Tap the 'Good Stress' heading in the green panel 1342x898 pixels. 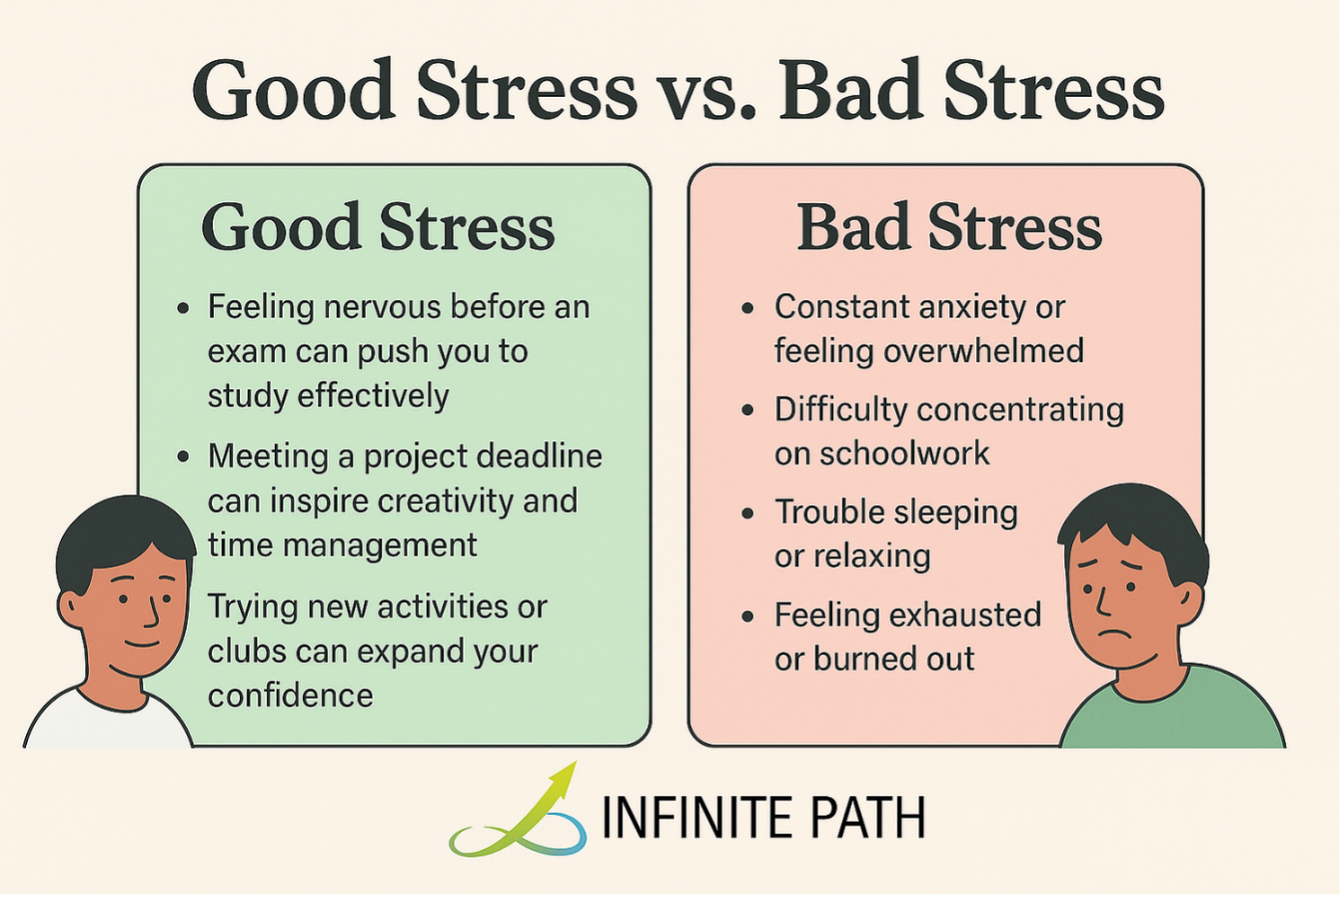(377, 227)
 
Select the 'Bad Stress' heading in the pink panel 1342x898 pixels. (948, 227)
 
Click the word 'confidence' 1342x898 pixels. (290, 696)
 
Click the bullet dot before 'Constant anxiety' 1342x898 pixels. (747, 309)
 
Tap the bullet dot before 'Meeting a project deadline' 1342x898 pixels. (183, 457)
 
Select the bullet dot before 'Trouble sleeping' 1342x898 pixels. (747, 513)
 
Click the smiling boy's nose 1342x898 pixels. (151, 614)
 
